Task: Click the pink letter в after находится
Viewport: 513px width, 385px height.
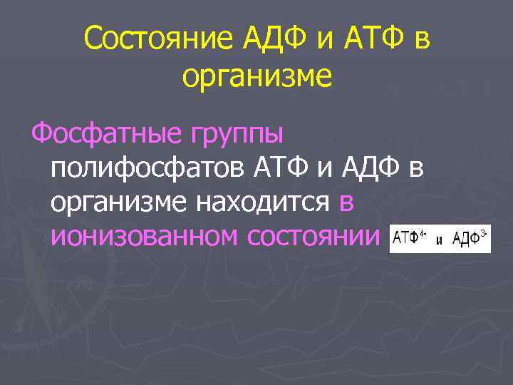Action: (346, 203)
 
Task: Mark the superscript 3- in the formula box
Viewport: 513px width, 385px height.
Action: (485, 233)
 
